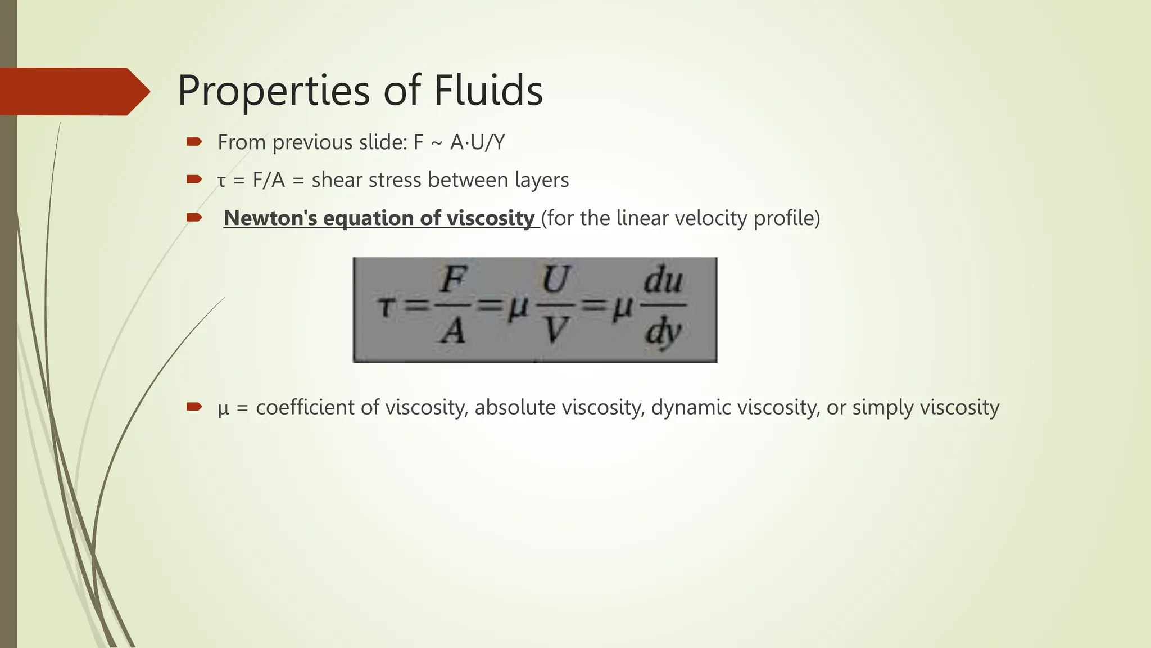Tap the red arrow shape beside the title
[x=73, y=91]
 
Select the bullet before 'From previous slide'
[x=194, y=142]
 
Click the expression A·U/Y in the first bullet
[x=477, y=142]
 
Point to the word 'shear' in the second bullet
[x=337, y=180]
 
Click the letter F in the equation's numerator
[x=452, y=280]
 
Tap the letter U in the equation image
[x=555, y=280]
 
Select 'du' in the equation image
[x=663, y=280]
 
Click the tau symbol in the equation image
[x=386, y=308]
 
